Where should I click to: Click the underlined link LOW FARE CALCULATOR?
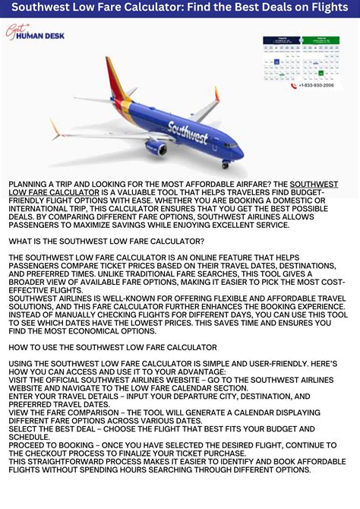click(x=55, y=193)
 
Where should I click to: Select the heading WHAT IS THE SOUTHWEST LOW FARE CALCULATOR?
click(x=106, y=241)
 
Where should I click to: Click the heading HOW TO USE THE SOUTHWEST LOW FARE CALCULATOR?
click(x=112, y=347)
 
